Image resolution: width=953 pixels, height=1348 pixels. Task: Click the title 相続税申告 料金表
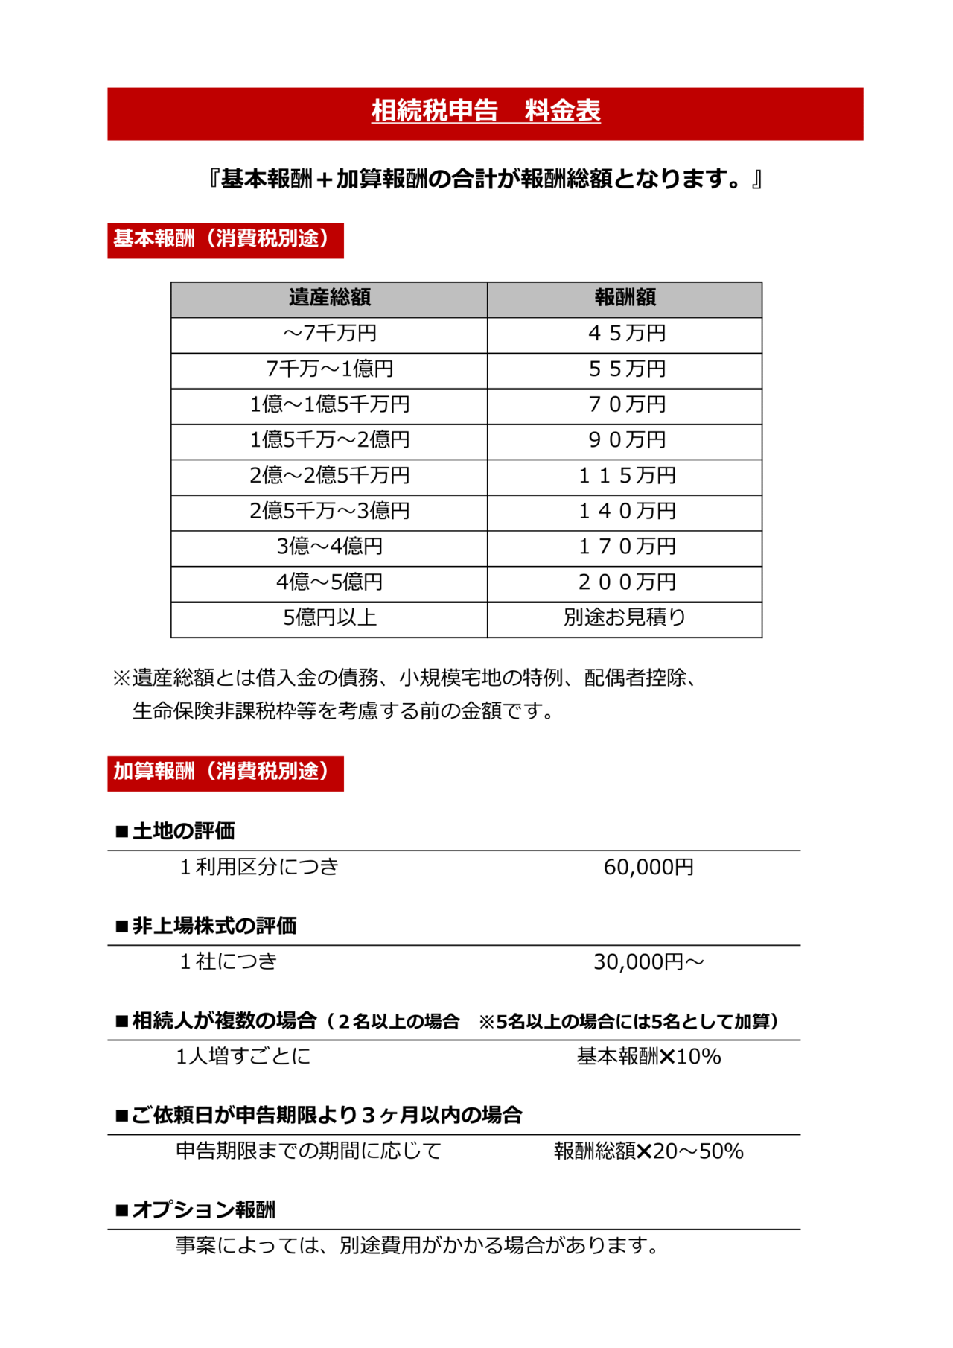(485, 112)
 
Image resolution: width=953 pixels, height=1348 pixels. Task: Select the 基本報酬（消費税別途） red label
(225, 240)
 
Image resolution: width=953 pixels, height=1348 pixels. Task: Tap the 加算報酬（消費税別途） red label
(225, 772)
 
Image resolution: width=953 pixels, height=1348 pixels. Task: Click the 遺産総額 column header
(329, 299)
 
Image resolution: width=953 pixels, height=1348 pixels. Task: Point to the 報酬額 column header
(625, 299)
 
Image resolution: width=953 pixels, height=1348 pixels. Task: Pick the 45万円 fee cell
(626, 334)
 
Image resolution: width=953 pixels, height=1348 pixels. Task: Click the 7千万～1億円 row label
(329, 369)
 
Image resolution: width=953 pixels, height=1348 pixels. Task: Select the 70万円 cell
(626, 405)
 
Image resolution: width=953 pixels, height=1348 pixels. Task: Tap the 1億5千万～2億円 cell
(329, 441)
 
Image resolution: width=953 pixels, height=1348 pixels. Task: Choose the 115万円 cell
(626, 476)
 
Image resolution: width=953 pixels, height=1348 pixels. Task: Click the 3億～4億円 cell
(329, 547)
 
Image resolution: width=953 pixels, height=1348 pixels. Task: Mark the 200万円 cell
(626, 583)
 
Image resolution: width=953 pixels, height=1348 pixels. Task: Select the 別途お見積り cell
(625, 618)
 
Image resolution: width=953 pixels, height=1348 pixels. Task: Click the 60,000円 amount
(648, 868)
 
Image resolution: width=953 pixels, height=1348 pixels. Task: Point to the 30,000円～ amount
(648, 962)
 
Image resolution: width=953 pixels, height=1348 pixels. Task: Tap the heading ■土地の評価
(176, 831)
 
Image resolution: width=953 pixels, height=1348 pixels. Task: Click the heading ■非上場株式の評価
(206, 926)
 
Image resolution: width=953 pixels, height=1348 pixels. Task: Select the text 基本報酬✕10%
(648, 1057)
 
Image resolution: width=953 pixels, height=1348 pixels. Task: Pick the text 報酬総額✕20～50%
(648, 1152)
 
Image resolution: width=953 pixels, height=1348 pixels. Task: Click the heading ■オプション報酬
(196, 1210)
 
